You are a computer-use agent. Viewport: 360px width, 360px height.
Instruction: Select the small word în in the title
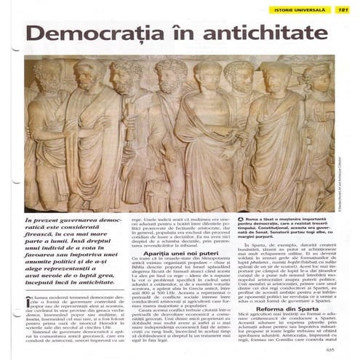coord(178,33)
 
